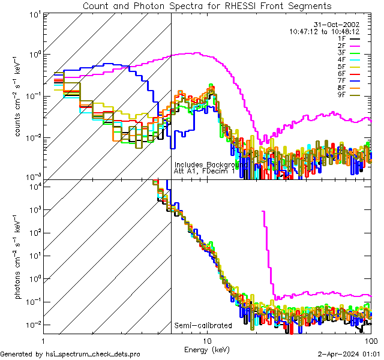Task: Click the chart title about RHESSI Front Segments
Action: click(207, 5)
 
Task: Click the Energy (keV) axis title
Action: click(207, 350)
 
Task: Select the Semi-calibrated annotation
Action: click(203, 326)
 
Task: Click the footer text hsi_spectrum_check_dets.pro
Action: click(70, 354)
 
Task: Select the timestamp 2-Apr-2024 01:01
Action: click(350, 354)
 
